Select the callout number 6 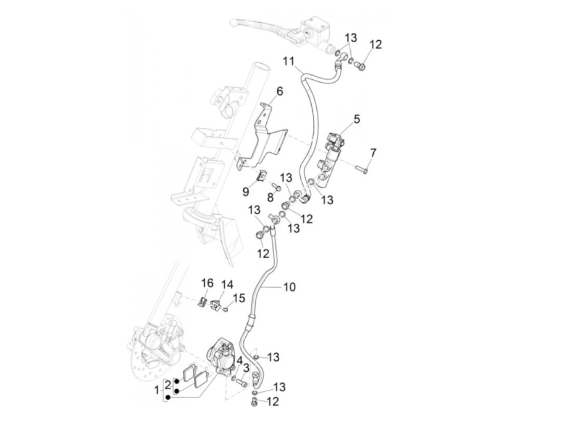[x=279, y=91]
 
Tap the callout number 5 [x=357, y=119]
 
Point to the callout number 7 [x=373, y=153]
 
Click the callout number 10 [x=289, y=287]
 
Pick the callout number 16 [x=207, y=283]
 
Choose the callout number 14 [x=227, y=285]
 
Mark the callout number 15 [x=239, y=298]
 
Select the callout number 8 [x=270, y=198]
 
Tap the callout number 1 [x=157, y=390]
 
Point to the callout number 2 [x=168, y=384]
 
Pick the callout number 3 [x=246, y=368]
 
